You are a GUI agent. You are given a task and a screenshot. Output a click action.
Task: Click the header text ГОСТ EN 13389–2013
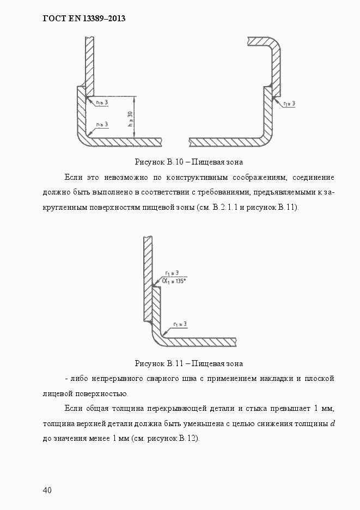[84, 19]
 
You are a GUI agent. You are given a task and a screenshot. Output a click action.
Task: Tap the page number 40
[47, 490]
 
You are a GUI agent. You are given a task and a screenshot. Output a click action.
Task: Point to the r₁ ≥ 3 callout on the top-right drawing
[289, 103]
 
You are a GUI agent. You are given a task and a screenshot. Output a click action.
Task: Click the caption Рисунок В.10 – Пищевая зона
[188, 162]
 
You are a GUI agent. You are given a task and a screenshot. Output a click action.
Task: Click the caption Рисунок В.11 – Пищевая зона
[188, 363]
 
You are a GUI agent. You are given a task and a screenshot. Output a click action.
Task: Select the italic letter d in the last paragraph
[332, 423]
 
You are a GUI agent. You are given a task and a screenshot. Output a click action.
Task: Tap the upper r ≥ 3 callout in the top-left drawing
[101, 102]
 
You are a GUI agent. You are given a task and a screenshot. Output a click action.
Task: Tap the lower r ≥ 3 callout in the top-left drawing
[102, 125]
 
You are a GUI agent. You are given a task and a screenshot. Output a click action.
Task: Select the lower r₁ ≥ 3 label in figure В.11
[180, 324]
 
